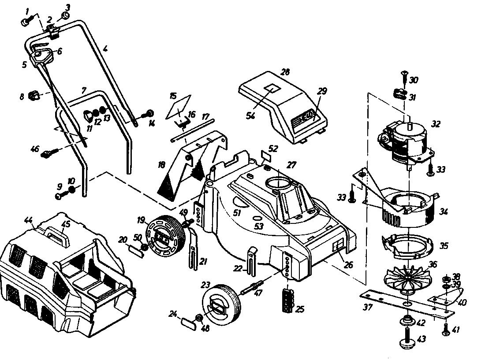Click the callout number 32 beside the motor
435,125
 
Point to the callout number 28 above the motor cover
285,72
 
